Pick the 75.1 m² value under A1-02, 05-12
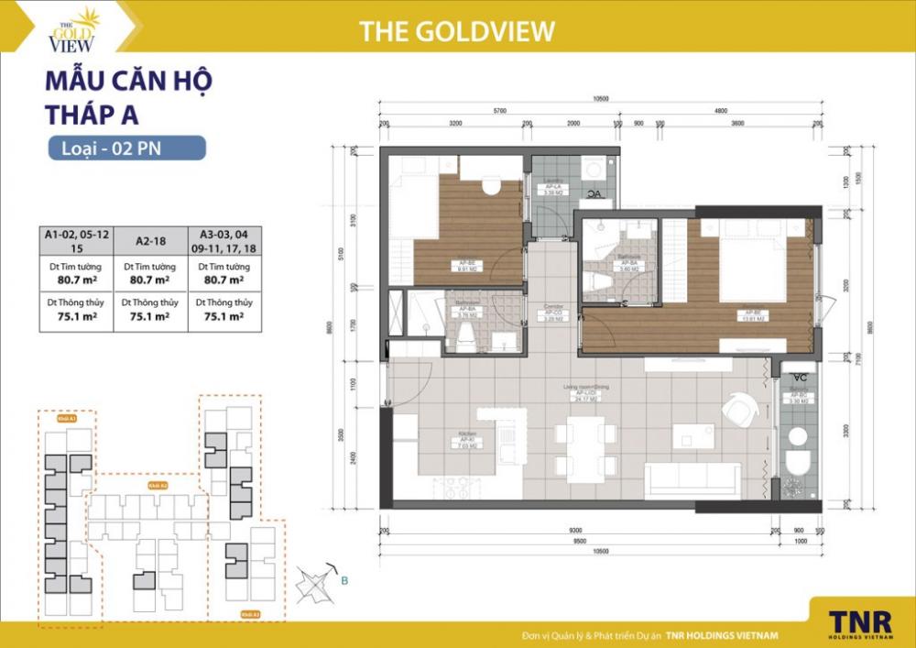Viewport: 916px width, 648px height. click(x=76, y=317)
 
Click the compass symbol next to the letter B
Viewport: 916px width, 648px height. click(x=317, y=581)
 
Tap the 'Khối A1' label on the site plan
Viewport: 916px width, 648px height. click(x=65, y=418)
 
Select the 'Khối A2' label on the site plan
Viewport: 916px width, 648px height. click(x=158, y=486)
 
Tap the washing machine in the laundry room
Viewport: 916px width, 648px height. click(x=594, y=170)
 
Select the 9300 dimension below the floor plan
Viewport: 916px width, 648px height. click(x=574, y=531)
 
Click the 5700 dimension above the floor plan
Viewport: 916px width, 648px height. click(x=499, y=109)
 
